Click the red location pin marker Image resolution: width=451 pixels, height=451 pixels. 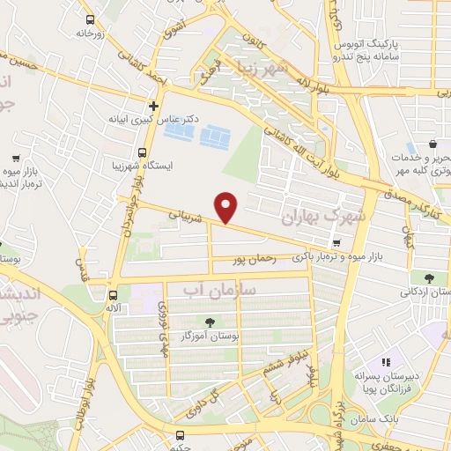(228, 206)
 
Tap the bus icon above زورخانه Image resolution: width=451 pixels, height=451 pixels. (89, 19)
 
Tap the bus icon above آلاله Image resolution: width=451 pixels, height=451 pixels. (112, 295)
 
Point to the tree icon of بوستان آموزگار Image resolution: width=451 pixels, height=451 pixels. (210, 322)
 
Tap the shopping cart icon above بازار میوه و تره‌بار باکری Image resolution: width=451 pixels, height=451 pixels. (336, 243)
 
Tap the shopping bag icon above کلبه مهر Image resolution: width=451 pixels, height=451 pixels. (433, 144)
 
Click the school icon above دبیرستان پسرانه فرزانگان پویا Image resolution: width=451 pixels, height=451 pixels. (385, 362)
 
